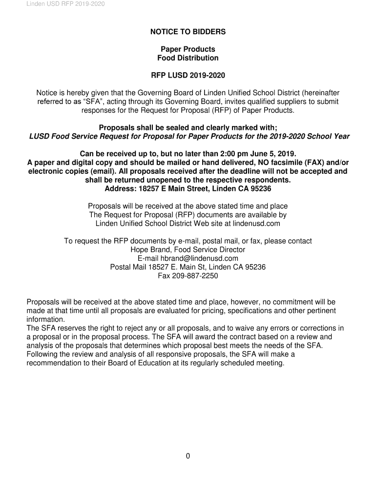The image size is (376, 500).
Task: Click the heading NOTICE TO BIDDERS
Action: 188,32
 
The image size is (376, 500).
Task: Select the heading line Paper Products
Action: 188,49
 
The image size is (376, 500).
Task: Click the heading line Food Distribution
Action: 188,58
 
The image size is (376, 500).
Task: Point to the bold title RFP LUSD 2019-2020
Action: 188,76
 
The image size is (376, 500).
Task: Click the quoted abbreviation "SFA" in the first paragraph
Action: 92,102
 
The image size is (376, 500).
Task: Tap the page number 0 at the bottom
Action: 188,457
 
